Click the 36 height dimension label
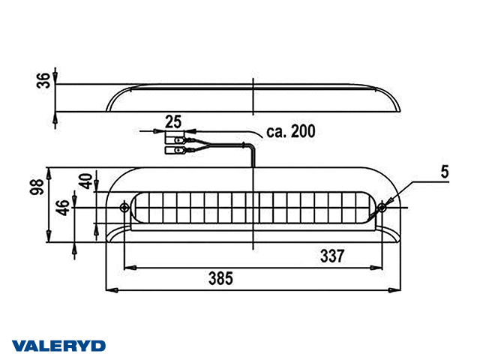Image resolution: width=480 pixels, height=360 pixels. click(x=43, y=80)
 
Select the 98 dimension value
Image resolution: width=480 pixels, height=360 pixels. click(x=43, y=187)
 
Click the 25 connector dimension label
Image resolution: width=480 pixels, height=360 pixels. click(x=174, y=121)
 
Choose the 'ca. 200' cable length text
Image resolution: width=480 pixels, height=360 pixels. click(x=290, y=132)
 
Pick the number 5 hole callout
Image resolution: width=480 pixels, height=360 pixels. click(x=445, y=172)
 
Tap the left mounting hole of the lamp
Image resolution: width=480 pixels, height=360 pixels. click(x=124, y=207)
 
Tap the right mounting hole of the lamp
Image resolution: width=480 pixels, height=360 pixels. click(x=382, y=207)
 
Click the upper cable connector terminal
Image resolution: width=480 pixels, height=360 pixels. click(x=178, y=139)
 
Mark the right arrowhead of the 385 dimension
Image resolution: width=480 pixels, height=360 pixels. click(x=398, y=289)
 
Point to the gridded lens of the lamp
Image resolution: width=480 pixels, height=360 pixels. click(x=253, y=207)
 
